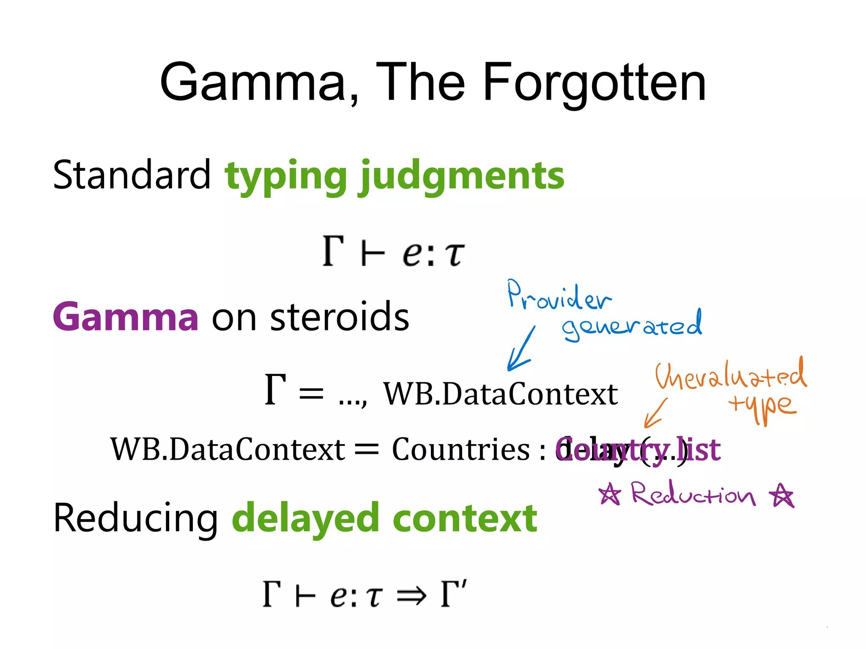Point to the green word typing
coord(286,177)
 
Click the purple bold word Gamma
coord(126,317)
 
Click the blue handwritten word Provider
coord(558,296)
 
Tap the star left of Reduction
coord(610,494)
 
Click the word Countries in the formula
coord(460,449)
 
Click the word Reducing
coord(135,519)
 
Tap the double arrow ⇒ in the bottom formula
coord(411,596)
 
